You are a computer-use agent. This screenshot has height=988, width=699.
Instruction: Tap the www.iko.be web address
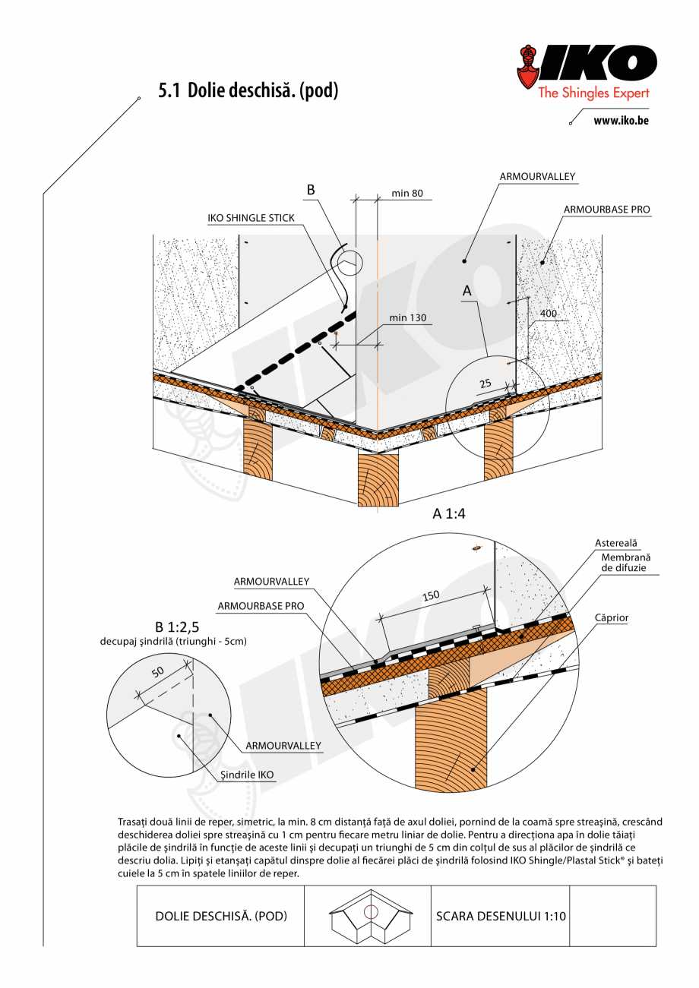621,120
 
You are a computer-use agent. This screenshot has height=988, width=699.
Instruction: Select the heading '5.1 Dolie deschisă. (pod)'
248,91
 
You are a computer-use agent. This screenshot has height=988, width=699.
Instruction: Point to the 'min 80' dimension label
407,194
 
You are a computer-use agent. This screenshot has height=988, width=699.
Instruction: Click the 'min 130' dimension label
408,317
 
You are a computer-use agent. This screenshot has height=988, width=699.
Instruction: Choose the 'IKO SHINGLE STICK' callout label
251,218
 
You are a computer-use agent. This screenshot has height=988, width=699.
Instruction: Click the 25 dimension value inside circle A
486,384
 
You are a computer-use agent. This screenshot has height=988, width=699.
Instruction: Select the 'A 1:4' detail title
448,514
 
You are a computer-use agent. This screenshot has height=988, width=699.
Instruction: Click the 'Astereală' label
616,543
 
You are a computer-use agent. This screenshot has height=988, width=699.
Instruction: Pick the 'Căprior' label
612,618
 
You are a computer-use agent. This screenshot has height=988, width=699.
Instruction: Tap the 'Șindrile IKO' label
247,775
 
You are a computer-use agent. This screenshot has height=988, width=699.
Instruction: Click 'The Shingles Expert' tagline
593,93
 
